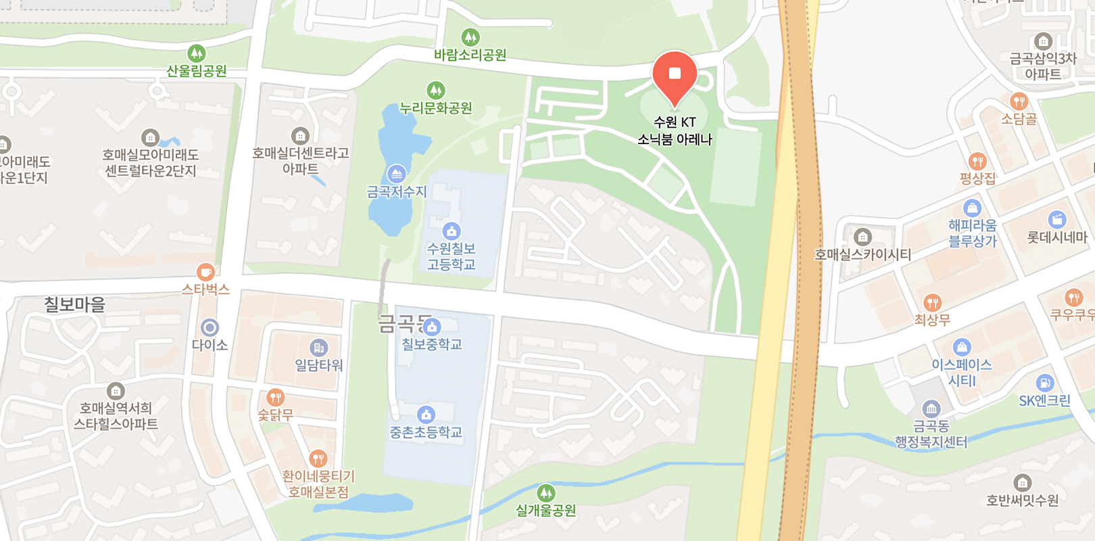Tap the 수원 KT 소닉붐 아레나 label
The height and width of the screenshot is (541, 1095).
coord(675,131)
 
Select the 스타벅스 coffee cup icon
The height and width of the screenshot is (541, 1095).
coord(205,272)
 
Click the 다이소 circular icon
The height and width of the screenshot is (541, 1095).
coord(210,328)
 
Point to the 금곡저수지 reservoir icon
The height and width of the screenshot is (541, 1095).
coord(397,174)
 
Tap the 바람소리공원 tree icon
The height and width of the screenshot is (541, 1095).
coord(470,37)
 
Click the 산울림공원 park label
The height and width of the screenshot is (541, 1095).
coord(197,70)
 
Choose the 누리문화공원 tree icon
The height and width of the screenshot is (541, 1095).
coord(436,90)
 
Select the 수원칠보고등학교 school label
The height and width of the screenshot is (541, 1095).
coord(451,256)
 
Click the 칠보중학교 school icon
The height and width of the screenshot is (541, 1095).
coord(432,327)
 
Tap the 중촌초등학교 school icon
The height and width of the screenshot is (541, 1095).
coord(425,414)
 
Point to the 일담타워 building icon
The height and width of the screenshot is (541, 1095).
coord(318,348)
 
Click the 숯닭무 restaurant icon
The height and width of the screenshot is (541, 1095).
coord(275,397)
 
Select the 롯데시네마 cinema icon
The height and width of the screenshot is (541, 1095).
coord(1056,220)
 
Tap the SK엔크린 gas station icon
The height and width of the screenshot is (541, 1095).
coord(1044,383)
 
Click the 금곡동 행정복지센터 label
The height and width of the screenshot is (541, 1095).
coord(931,434)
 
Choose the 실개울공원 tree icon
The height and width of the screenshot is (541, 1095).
coord(545,493)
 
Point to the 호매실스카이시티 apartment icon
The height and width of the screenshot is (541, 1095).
coord(862,237)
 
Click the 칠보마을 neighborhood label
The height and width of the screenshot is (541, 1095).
coord(74,304)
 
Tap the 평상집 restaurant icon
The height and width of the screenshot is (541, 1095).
coord(977,162)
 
